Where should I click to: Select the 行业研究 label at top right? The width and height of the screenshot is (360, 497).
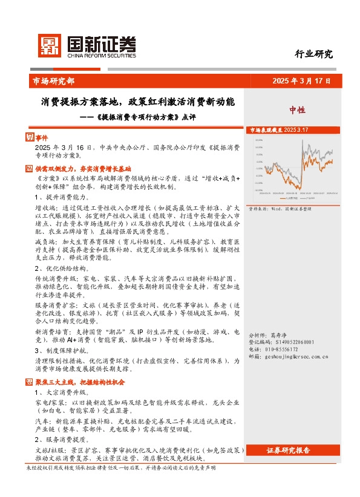pyautogui.click(x=313, y=54)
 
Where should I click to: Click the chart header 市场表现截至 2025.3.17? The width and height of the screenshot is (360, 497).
pyautogui.click(x=279, y=130)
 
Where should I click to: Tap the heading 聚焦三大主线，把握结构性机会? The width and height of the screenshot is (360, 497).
pyautogui.click(x=79, y=382)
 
